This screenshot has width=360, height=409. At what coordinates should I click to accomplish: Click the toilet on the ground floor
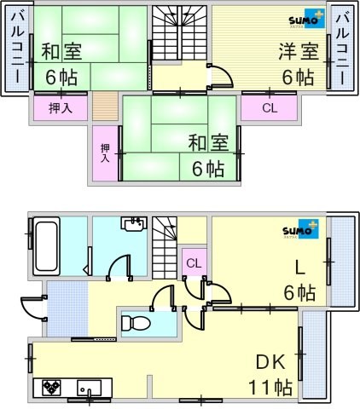point(136,324)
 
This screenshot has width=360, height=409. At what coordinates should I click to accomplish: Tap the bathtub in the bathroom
point(47,246)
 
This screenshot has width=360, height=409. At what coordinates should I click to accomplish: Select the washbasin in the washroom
point(134,223)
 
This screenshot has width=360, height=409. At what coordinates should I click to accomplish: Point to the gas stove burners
point(51,387)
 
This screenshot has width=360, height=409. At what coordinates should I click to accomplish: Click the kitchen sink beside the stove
point(90,387)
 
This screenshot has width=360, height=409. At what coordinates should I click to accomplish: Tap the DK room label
point(270,362)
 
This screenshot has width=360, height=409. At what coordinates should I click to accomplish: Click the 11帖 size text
point(270,388)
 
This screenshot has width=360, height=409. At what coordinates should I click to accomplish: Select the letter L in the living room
point(299,268)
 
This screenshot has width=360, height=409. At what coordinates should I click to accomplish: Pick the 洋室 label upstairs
point(299,52)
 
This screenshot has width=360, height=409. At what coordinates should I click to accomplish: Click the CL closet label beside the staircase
point(194,263)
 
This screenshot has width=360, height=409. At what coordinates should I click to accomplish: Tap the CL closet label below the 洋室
point(270,108)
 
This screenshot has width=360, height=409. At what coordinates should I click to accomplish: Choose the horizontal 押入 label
point(61,108)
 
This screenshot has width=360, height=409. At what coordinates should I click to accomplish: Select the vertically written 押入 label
point(105,153)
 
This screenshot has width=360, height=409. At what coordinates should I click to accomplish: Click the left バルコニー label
point(17,47)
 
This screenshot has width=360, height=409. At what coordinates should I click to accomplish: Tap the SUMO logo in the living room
point(301,229)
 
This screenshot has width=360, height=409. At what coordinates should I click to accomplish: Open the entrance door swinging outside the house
point(34,308)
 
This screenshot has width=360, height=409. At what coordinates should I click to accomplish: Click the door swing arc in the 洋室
point(224,73)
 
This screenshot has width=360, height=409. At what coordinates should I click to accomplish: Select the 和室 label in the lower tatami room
point(208,142)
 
